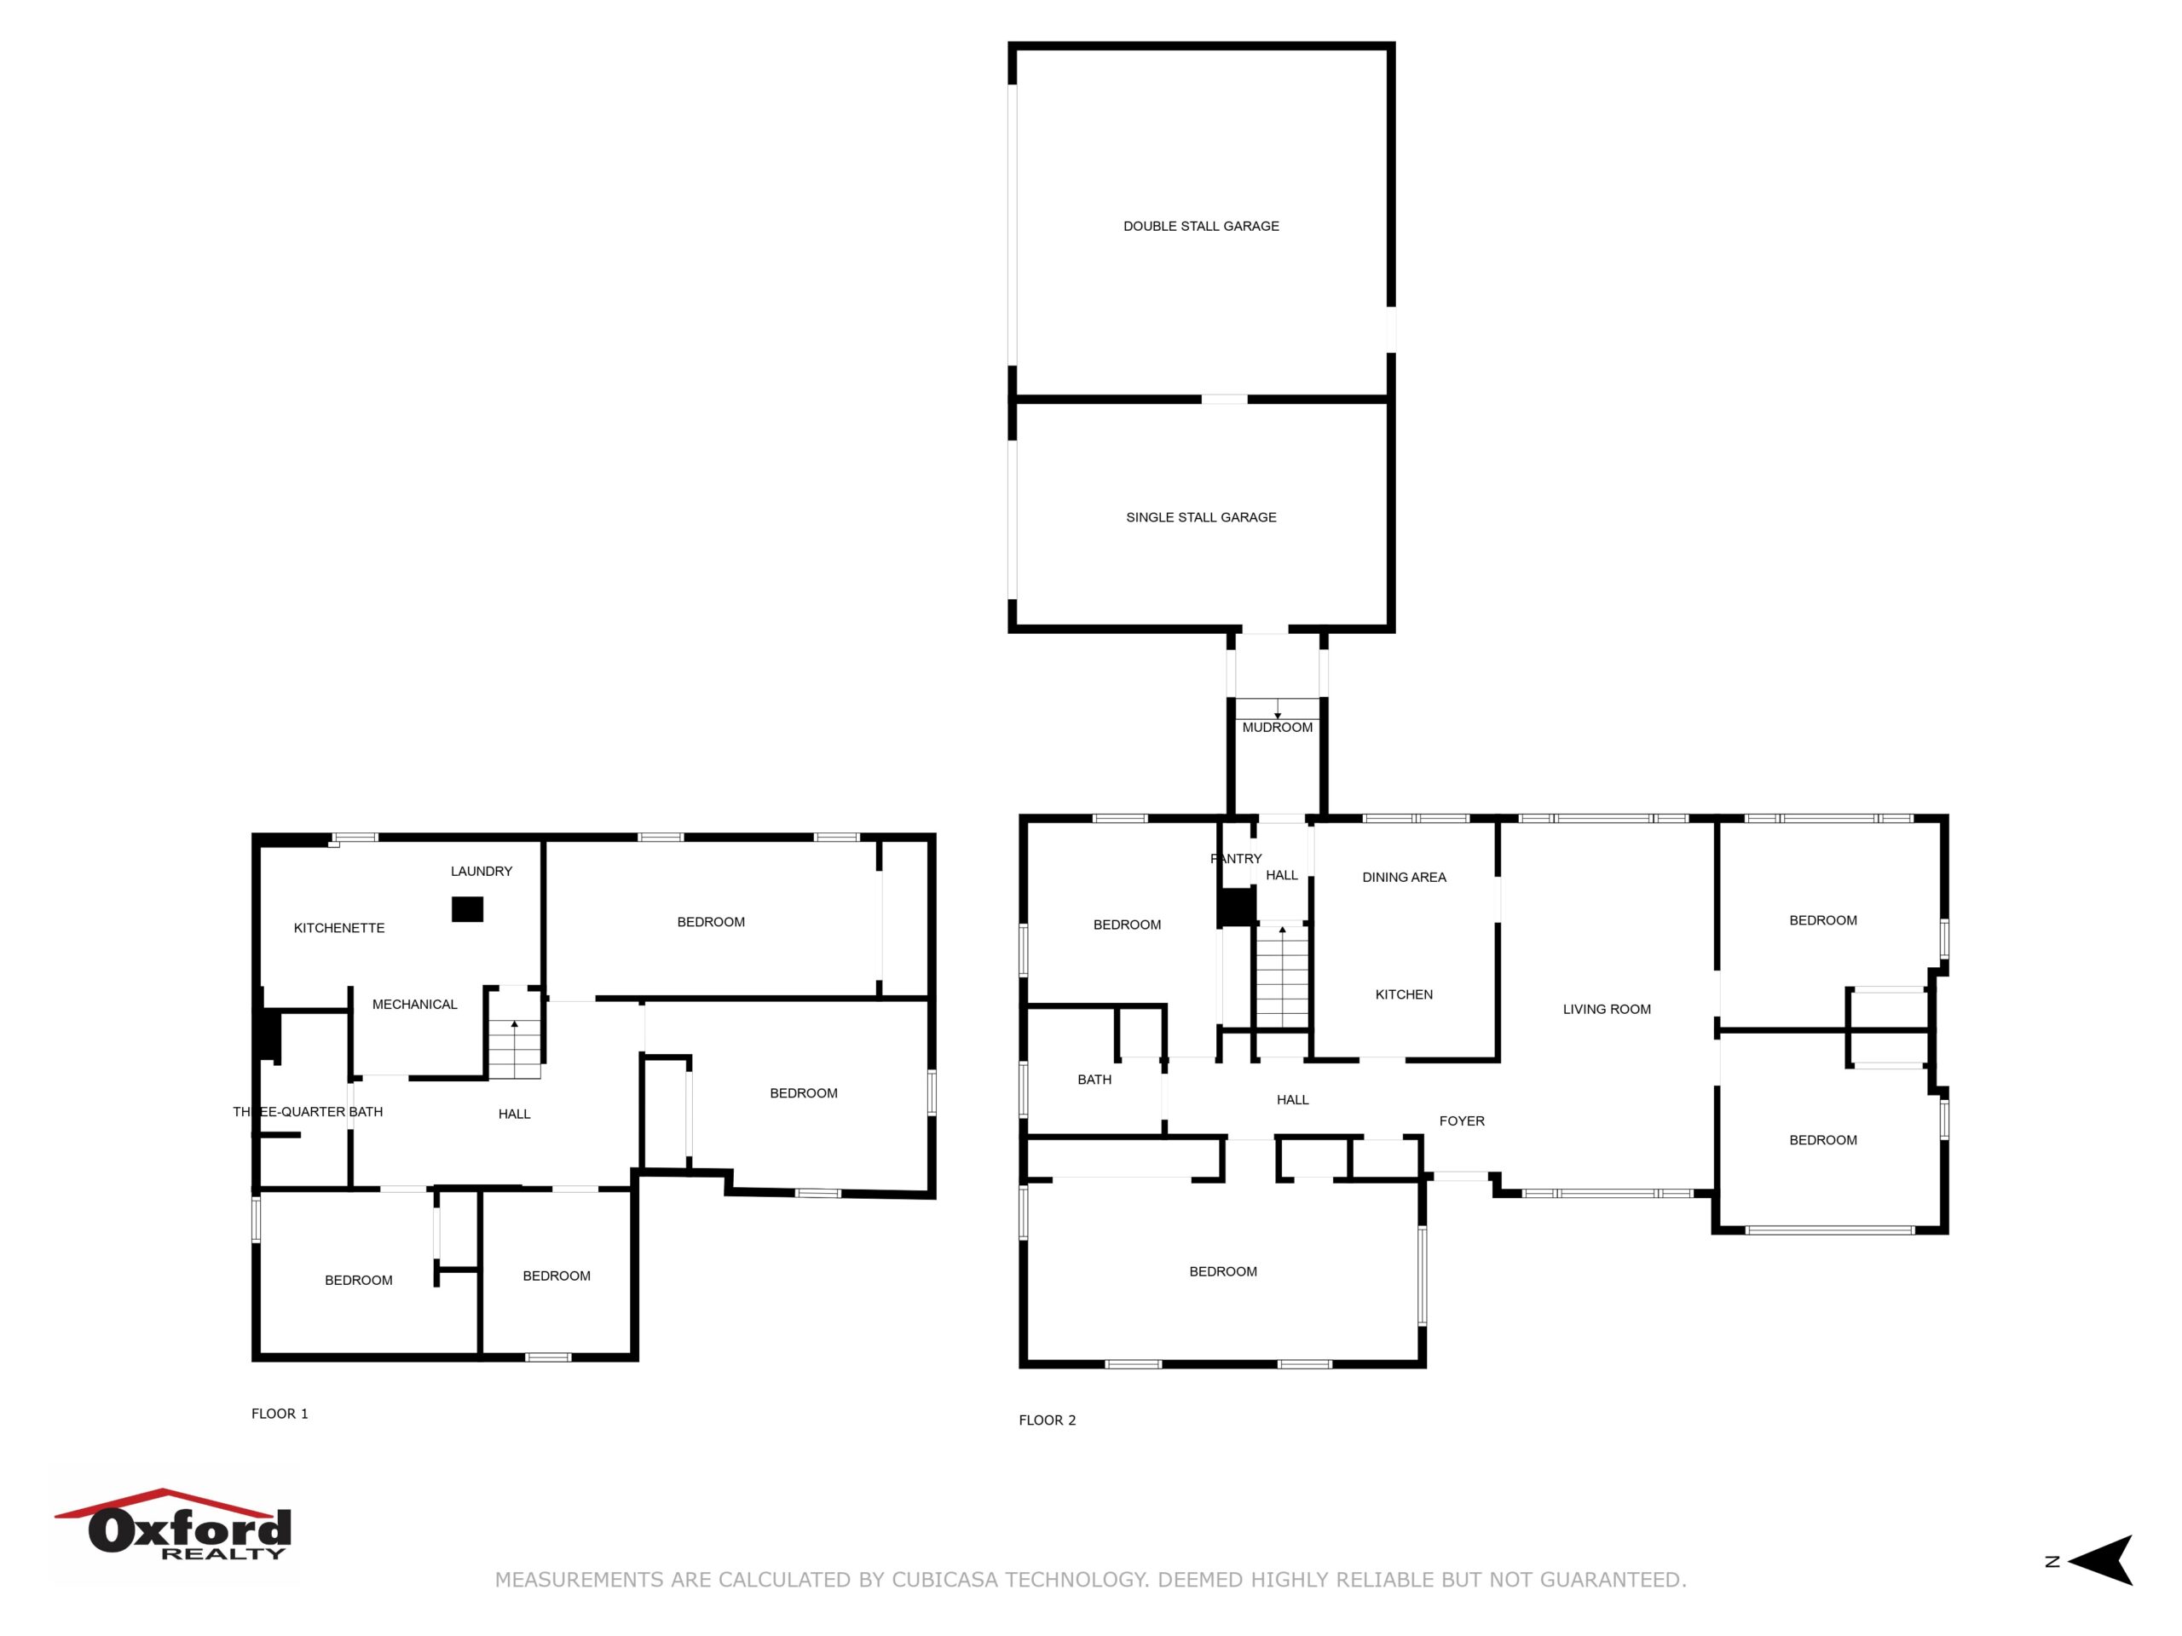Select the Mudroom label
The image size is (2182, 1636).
1277,727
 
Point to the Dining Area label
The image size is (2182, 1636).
1404,877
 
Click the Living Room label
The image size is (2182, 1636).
1606,1009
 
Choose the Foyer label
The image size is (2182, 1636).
1461,1120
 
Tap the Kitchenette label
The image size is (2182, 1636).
338,927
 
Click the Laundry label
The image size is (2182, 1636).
482,871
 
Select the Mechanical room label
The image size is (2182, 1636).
414,1004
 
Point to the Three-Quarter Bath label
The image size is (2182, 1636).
308,1111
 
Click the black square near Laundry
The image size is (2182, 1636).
468,909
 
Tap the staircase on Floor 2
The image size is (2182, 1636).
1281,976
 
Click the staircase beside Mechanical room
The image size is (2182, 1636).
515,1048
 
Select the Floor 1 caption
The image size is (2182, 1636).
280,1413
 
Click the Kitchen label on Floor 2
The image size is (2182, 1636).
1404,994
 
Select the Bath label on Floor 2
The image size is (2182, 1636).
1094,1080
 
